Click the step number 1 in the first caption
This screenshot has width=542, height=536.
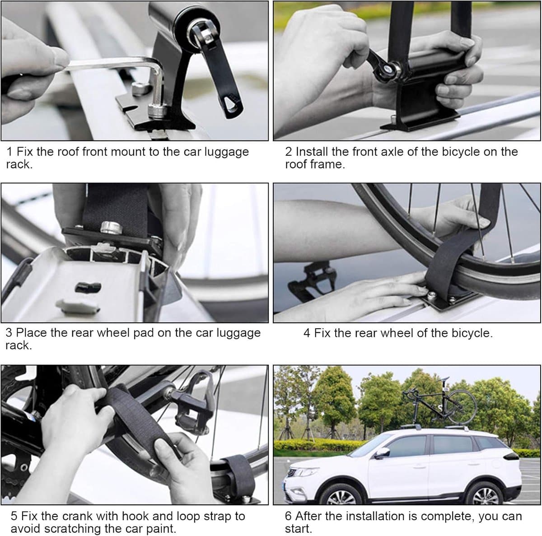(9, 152)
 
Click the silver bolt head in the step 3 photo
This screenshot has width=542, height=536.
(112, 227)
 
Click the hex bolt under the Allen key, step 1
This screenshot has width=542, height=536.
(157, 110)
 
